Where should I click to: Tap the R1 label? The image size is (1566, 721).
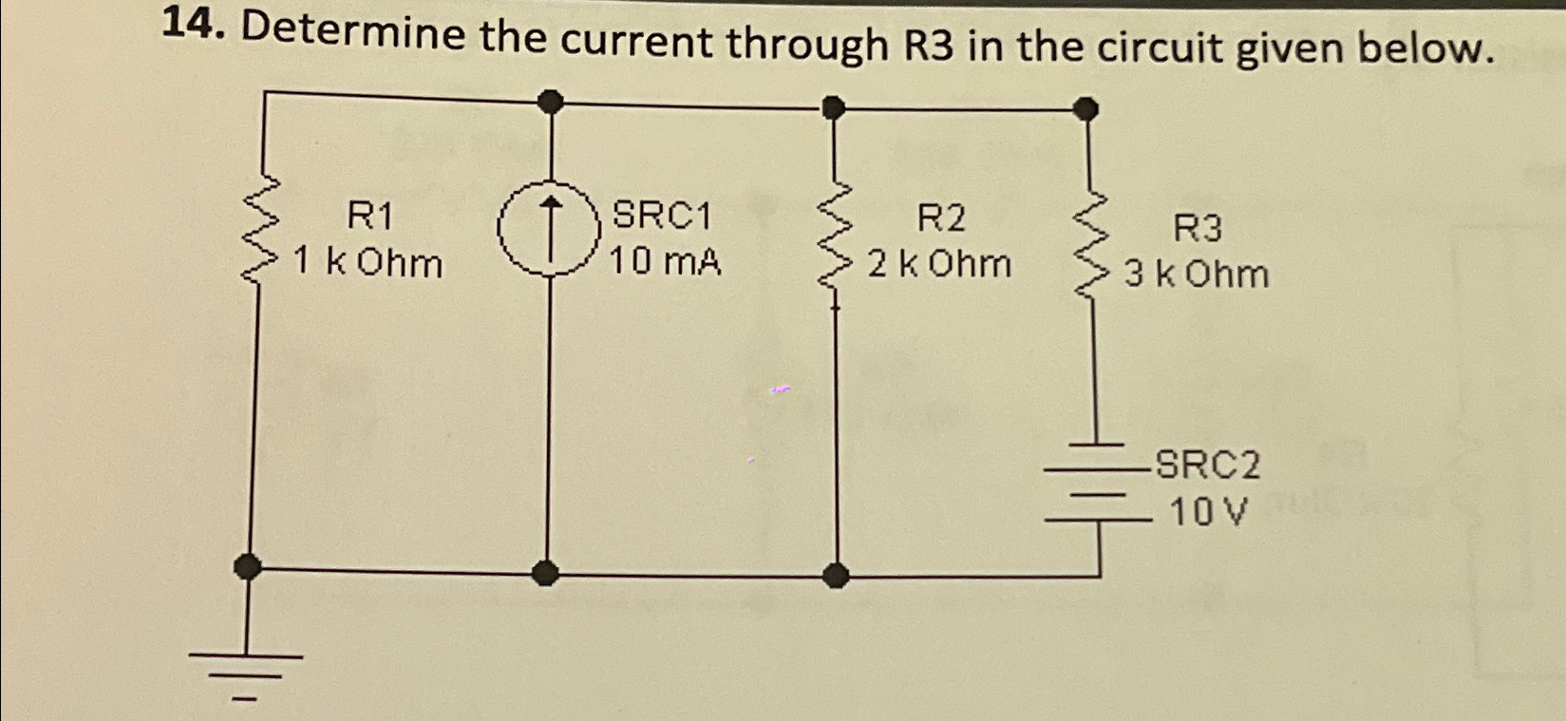tap(369, 217)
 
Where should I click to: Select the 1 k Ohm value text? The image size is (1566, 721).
tap(368, 262)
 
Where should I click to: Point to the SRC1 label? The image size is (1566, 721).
tap(662, 217)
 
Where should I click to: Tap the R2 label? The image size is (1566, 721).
tap(940, 219)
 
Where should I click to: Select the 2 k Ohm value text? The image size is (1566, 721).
tap(939, 264)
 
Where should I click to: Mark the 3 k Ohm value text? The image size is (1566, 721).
tap(1197, 275)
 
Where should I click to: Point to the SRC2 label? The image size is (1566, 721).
tap(1208, 466)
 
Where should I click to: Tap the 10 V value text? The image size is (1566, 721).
tap(1206, 514)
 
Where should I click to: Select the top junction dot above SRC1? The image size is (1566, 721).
tap(550, 100)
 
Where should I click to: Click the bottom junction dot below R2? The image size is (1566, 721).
tap(835, 574)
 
